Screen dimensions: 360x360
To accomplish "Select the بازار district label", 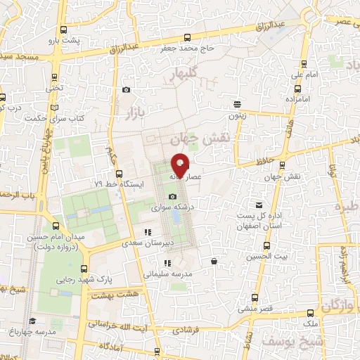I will point(135,112).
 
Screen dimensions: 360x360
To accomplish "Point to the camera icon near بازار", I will point(126,89).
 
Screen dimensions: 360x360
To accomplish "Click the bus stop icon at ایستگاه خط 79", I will point(118,174).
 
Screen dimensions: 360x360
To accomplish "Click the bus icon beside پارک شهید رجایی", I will point(85,269).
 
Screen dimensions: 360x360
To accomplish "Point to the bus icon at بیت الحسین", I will point(266,247).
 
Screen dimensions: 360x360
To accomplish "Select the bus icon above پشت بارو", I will point(64,30).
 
